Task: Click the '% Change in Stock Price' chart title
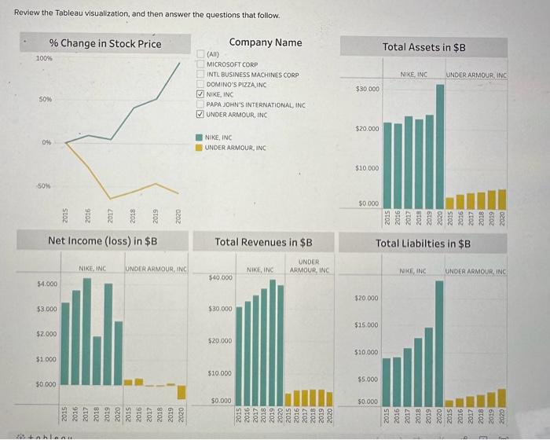pos(104,43)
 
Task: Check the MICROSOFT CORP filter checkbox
pos(200,64)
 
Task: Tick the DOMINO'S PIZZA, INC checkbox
pos(200,84)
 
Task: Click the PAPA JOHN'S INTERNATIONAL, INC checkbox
pos(200,104)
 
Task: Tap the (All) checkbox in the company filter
pos(200,54)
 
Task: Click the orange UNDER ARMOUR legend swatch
pos(200,147)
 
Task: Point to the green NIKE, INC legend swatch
pos(200,137)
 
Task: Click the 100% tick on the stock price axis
pos(44,58)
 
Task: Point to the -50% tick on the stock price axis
pos(44,186)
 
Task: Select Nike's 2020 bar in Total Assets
pos(440,140)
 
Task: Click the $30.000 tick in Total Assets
pos(368,89)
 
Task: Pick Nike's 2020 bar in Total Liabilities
pos(440,341)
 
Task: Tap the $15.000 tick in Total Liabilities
pos(368,324)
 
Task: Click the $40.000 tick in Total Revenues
pos(220,277)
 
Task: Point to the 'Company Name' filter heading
pos(265,42)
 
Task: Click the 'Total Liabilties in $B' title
pos(423,244)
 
